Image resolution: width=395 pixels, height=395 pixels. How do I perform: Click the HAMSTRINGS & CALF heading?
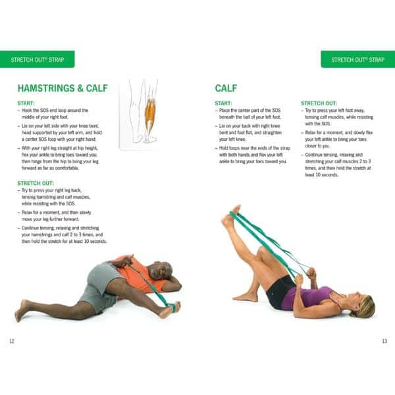[x=62, y=88]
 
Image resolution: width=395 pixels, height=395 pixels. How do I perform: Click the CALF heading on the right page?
[x=226, y=88]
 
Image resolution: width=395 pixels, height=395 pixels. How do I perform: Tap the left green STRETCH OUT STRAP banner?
[x=37, y=59]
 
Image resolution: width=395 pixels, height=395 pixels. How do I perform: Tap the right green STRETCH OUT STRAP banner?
[x=357, y=59]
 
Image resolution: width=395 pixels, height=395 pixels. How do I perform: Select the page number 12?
[x=11, y=340]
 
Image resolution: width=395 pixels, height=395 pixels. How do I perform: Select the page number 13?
[x=384, y=340]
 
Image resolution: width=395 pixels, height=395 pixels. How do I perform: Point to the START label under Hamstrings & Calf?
[x=26, y=103]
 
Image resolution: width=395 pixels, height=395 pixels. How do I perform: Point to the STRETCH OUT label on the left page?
[x=36, y=183]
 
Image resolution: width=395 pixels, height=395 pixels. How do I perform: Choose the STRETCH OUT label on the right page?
[x=319, y=103]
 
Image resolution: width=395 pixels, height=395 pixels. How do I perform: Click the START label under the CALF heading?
[x=224, y=103]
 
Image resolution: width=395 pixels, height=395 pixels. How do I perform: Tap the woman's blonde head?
[x=364, y=305]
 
